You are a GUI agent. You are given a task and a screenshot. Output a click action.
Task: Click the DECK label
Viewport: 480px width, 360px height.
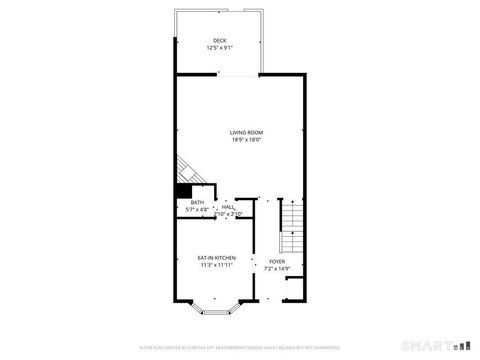(x=219, y=40)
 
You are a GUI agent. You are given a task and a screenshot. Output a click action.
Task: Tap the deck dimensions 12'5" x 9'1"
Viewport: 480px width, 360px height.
(x=219, y=47)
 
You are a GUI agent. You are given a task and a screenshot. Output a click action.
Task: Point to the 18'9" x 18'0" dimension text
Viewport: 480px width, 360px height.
(x=246, y=140)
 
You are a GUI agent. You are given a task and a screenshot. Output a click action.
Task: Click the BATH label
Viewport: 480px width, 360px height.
(x=197, y=203)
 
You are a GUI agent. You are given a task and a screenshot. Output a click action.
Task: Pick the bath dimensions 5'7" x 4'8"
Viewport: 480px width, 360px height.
(x=197, y=210)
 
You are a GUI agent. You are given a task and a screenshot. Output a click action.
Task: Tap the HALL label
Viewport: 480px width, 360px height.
(x=229, y=207)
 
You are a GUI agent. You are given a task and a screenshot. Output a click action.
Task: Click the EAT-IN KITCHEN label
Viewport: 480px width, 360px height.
(x=216, y=258)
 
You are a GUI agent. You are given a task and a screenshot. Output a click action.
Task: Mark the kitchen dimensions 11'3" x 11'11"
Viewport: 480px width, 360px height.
(x=216, y=265)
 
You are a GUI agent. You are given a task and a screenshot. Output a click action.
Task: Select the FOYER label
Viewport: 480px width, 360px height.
(x=276, y=262)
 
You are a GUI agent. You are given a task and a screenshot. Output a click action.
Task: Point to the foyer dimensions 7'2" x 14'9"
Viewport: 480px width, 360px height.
(x=276, y=268)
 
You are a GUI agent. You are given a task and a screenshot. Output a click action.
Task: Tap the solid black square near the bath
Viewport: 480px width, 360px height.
(x=183, y=191)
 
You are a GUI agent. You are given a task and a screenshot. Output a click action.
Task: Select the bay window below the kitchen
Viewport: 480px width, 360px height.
(x=216, y=309)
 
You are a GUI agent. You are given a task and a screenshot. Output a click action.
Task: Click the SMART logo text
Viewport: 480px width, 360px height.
(x=430, y=346)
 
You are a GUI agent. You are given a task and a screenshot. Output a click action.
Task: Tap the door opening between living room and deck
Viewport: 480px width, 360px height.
(x=240, y=75)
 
